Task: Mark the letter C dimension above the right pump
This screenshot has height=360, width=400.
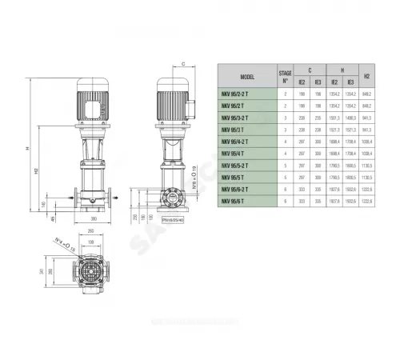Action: coord(184,62)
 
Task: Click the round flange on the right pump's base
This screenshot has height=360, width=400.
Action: coord(170,196)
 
